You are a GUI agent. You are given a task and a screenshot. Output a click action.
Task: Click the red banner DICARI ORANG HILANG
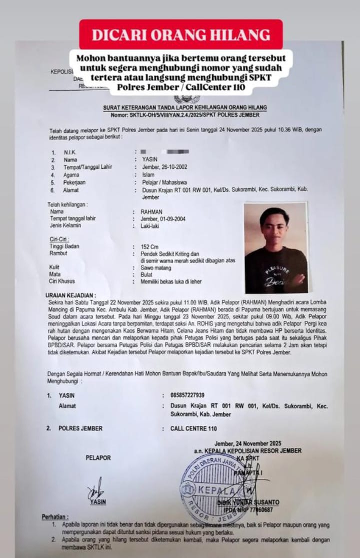(x=180, y=35)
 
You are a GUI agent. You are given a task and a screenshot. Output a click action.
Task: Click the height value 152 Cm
(x=150, y=247)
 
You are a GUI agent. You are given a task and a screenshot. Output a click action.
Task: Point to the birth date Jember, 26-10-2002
(x=165, y=167)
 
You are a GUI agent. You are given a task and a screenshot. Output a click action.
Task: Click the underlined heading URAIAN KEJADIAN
(x=70, y=295)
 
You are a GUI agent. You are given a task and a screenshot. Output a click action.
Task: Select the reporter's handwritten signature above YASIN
(x=95, y=486)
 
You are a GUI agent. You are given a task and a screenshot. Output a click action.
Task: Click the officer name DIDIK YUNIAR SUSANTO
(x=248, y=502)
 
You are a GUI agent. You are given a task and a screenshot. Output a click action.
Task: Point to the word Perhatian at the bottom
(x=55, y=516)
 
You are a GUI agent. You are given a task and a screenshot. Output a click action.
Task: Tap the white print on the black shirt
(x=277, y=275)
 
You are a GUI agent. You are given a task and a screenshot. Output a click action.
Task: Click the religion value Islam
(x=148, y=175)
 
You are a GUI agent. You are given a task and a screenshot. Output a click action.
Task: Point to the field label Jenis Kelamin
(x=65, y=226)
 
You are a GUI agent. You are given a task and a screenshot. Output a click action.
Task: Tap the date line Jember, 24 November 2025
(x=247, y=443)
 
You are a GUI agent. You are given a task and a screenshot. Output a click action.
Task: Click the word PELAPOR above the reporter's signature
(x=98, y=457)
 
